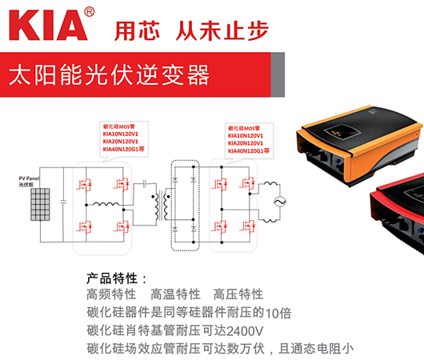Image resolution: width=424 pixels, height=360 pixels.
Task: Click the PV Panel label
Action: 30,178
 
